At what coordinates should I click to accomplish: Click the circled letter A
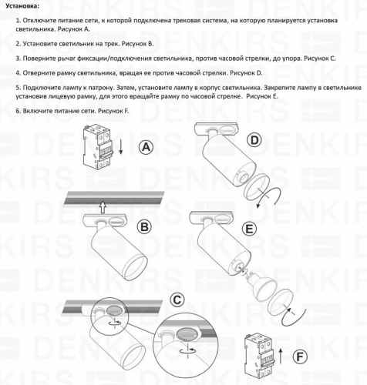click(x=146, y=149)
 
